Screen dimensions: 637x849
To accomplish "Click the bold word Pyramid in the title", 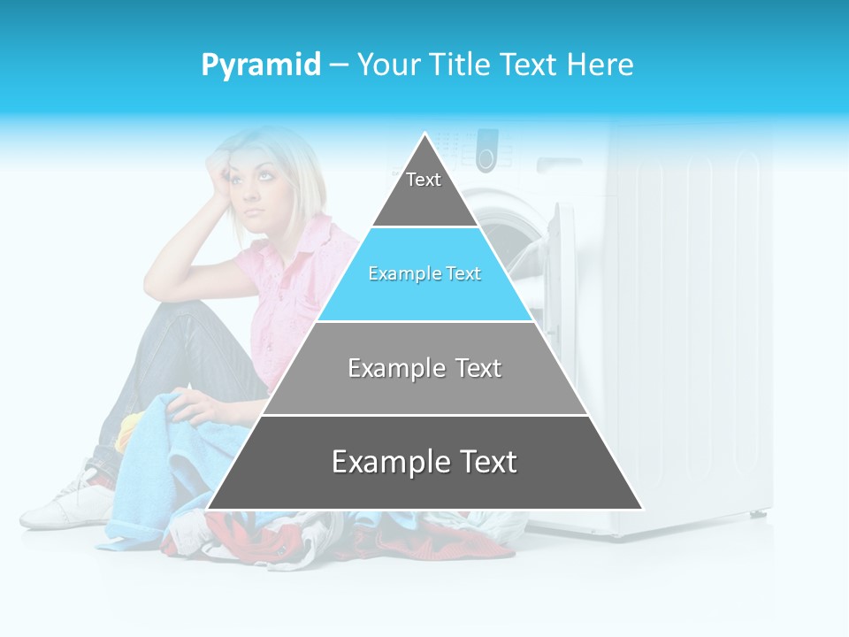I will tap(260, 65).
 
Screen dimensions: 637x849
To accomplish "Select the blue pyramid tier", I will tap(424, 274).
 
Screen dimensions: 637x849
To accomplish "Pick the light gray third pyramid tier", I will tap(424, 368).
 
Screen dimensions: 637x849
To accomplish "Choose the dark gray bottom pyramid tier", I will tap(424, 463).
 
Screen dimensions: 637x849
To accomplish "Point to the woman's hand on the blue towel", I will tap(195, 408).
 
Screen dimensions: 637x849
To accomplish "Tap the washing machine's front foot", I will tap(759, 513).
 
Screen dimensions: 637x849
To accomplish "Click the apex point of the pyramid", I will tap(424, 134).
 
